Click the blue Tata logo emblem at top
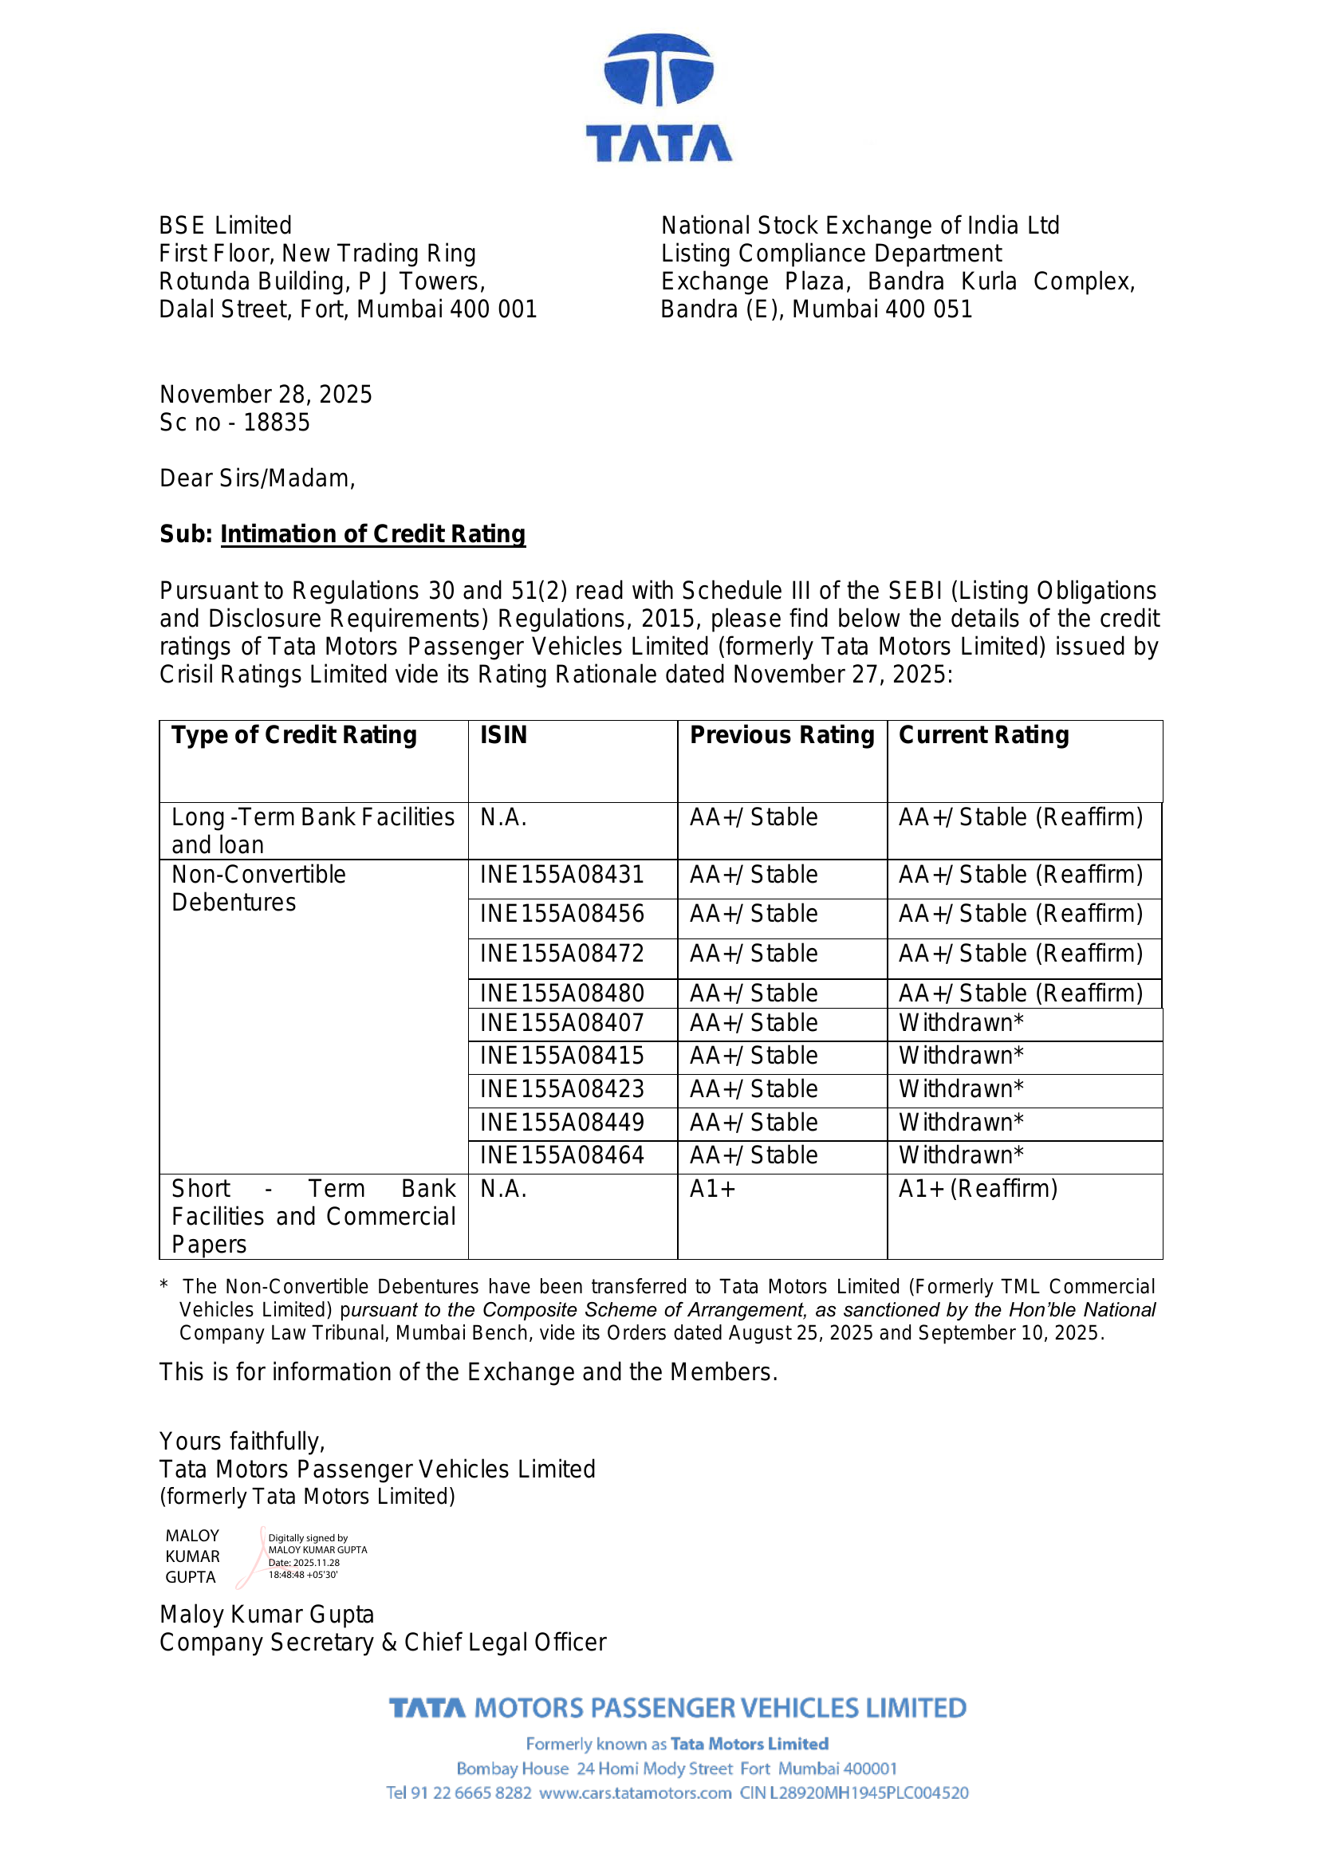pyautogui.click(x=659, y=71)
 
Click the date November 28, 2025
pyautogui.click(x=266, y=395)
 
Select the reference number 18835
pyautogui.click(x=277, y=423)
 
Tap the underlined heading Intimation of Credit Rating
pyautogui.click(x=372, y=533)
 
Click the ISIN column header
pyautogui.click(x=503, y=735)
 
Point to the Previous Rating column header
pyautogui.click(x=782, y=735)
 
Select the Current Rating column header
pyautogui.click(x=982, y=735)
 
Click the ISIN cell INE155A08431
pyautogui.click(x=562, y=875)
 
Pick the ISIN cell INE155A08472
pyautogui.click(x=562, y=954)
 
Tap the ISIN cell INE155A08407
pyautogui.click(x=562, y=1024)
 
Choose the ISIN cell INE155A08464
pyautogui.click(x=562, y=1155)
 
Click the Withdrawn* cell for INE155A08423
pyautogui.click(x=961, y=1089)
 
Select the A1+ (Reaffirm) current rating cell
pyautogui.click(x=977, y=1189)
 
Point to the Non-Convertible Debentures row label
pyautogui.click(x=258, y=888)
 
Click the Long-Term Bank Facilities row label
pyautogui.click(x=313, y=831)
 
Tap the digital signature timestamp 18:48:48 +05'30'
pyautogui.click(x=303, y=1575)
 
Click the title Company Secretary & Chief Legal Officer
pyautogui.click(x=383, y=1643)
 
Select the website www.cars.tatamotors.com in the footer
pyautogui.click(x=635, y=1792)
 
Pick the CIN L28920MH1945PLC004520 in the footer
pyautogui.click(x=853, y=1792)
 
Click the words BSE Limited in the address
pyautogui.click(x=225, y=226)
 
